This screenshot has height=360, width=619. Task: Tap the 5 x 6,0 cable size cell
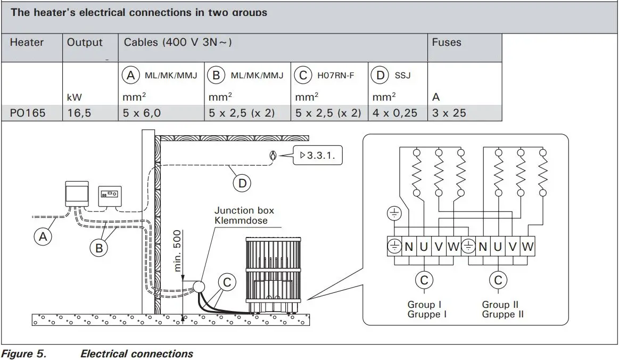(143, 113)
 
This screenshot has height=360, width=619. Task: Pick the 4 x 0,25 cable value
(394, 113)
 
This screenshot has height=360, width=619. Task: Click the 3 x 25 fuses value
(449, 113)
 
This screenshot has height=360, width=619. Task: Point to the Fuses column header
(447, 42)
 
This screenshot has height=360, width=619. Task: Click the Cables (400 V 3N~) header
(178, 42)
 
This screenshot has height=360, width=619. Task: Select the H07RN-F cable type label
(335, 76)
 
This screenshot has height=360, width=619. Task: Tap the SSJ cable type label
(402, 76)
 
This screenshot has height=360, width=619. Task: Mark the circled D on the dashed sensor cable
(242, 183)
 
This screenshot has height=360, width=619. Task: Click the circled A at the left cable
(43, 237)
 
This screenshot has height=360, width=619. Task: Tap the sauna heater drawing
(270, 272)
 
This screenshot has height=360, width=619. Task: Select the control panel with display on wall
(110, 195)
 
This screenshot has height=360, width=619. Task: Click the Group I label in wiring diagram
(424, 305)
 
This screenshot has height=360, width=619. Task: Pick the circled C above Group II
(498, 280)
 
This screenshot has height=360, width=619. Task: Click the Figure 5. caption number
(25, 354)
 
